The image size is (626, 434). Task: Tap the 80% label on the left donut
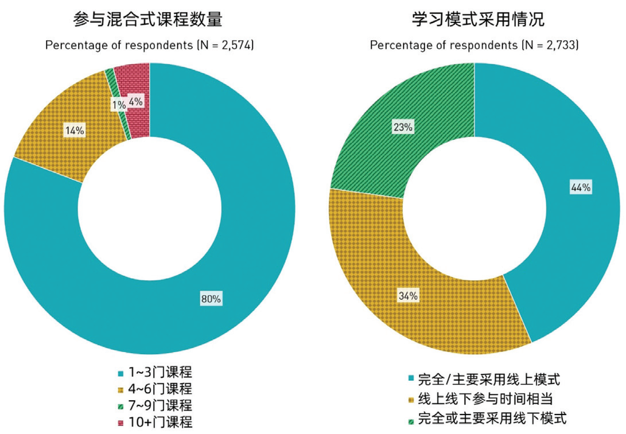pyautogui.click(x=211, y=299)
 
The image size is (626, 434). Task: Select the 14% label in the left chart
pyautogui.click(x=75, y=130)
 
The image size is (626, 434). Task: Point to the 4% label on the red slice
pyautogui.click(x=136, y=101)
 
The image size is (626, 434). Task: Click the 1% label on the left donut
pyautogui.click(x=117, y=105)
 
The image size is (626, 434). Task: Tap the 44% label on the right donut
pyautogui.click(x=581, y=187)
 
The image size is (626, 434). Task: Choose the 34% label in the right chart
pyautogui.click(x=409, y=296)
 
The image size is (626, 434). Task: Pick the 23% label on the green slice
pyautogui.click(x=403, y=127)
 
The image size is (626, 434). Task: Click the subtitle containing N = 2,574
pyautogui.click(x=149, y=45)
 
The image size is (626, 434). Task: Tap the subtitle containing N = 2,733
pyautogui.click(x=474, y=45)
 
